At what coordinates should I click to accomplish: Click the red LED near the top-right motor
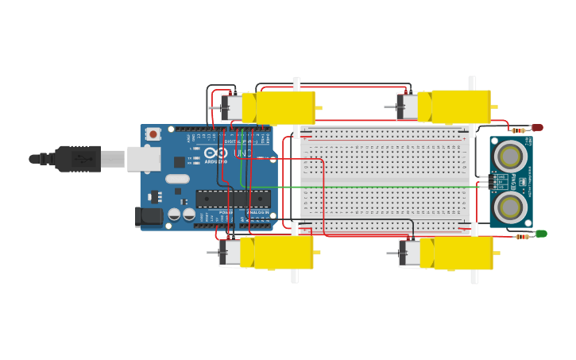click(537, 127)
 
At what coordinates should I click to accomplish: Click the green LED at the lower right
click(541, 234)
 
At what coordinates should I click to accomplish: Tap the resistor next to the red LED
click(519, 130)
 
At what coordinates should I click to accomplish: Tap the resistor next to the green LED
click(522, 236)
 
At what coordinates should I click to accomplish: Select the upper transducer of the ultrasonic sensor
click(509, 156)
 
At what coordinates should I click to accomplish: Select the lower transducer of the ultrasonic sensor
click(509, 207)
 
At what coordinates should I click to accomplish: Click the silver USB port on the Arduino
click(144, 159)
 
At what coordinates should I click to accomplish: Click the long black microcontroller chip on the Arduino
click(233, 199)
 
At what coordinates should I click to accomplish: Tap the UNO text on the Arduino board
click(242, 153)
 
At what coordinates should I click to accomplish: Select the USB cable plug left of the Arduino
click(78, 159)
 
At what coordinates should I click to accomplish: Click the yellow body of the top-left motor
click(284, 107)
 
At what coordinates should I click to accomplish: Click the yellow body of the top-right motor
click(460, 106)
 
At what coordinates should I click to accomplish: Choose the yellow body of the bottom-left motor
click(283, 252)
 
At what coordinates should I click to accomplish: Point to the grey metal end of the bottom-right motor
click(409, 254)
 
